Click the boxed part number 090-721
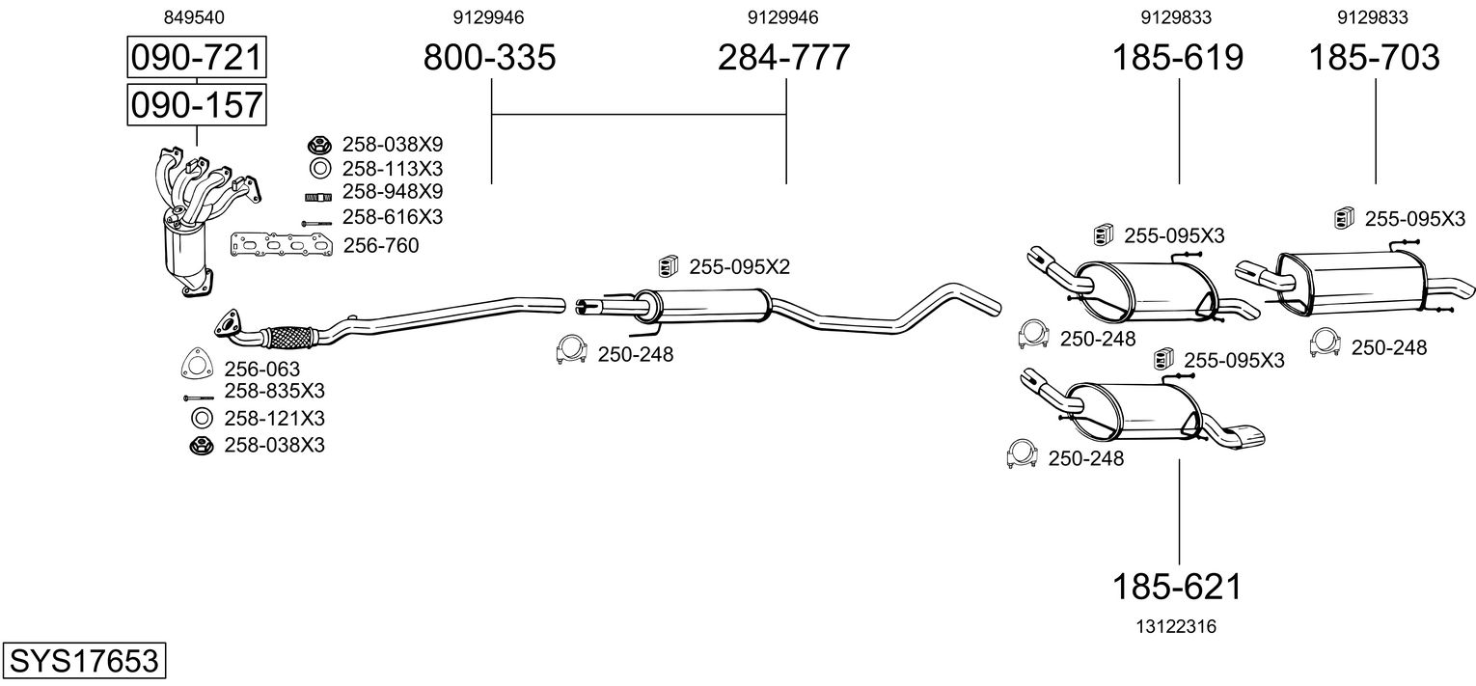point(197,57)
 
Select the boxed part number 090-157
point(197,104)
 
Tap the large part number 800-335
point(489,57)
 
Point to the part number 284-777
point(784,57)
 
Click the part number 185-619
point(1178,57)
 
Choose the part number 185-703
point(1375,57)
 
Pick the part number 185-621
point(1178,587)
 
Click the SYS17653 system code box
point(84,660)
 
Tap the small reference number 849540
point(194,17)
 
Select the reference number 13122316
point(1176,626)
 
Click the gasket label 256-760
point(381,245)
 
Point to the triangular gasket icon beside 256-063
point(197,363)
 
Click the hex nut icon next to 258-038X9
point(319,145)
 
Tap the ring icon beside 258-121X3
point(202,418)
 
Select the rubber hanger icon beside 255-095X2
point(669,266)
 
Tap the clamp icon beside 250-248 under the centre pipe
point(571,350)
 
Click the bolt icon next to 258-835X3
point(199,398)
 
